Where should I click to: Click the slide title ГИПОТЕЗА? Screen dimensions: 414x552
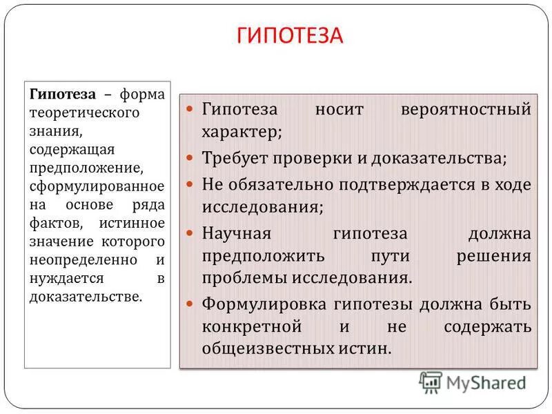pos(290,37)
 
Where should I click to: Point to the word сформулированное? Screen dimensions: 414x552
pos(97,186)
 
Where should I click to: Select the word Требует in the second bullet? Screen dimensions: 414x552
pos(231,157)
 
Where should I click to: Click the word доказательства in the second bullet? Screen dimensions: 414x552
pos(437,157)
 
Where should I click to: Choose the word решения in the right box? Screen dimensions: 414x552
pos(494,256)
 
